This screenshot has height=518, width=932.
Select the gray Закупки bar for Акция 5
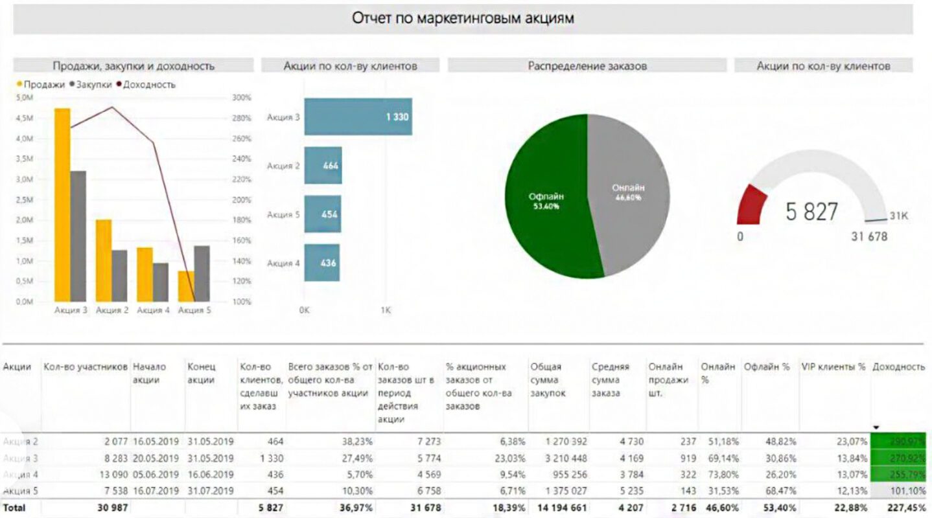coord(202,273)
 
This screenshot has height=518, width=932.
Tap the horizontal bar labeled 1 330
coord(358,117)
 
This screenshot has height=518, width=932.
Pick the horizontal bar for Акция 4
coord(322,263)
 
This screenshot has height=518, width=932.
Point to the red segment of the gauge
coord(752,204)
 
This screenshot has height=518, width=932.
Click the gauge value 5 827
coord(811,211)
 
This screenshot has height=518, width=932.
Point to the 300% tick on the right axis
coord(240,98)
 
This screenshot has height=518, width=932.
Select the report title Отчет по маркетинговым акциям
coord(463,17)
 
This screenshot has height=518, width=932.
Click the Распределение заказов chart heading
coord(587,65)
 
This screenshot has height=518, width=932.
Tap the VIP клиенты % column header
coord(833,366)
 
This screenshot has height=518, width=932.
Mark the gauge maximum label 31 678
coord(869,236)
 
